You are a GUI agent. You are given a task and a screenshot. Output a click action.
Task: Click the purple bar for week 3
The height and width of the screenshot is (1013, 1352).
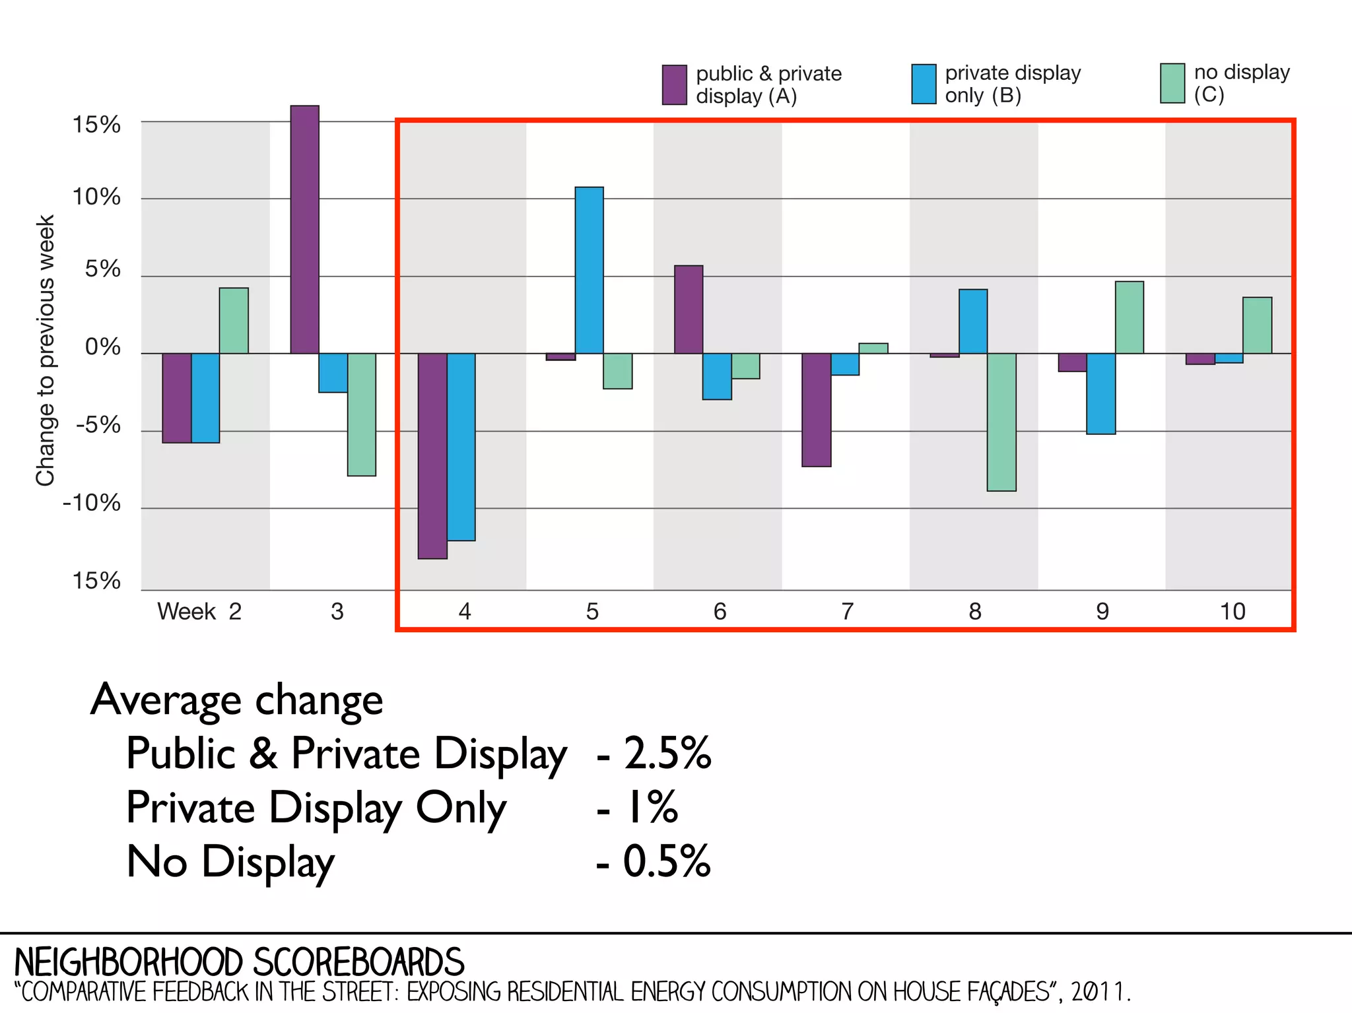click(304, 230)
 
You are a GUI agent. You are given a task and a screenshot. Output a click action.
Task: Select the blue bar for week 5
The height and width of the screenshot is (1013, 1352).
click(589, 271)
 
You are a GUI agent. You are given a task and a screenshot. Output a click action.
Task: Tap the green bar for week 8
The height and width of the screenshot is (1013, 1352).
click(1001, 422)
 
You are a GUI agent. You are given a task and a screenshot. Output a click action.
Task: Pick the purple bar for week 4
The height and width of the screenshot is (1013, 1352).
click(432, 456)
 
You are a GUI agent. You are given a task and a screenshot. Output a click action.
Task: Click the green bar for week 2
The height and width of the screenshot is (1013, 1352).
click(234, 321)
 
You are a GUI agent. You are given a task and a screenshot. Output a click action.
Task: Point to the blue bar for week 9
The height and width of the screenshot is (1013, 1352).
click(1101, 393)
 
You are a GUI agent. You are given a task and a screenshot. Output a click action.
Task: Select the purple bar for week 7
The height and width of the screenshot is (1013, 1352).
click(817, 410)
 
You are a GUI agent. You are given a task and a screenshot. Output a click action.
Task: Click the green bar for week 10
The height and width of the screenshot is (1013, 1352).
click(1257, 325)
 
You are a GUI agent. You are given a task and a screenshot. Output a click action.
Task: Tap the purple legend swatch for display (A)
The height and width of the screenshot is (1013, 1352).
click(674, 84)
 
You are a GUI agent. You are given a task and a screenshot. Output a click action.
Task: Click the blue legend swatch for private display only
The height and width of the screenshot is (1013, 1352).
click(924, 84)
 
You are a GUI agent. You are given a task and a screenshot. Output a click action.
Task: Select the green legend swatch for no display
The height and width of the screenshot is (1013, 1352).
click(1172, 83)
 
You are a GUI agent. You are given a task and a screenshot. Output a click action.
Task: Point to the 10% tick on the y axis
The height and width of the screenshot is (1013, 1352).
click(96, 197)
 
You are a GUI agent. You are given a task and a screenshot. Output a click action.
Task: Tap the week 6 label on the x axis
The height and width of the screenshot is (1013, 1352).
click(720, 612)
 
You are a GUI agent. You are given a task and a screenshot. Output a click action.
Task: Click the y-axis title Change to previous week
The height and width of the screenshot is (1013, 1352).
click(45, 350)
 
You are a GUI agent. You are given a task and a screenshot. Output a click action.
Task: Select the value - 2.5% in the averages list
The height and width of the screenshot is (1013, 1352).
click(654, 753)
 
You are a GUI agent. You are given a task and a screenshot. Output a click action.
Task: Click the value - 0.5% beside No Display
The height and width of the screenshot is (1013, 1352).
click(654, 861)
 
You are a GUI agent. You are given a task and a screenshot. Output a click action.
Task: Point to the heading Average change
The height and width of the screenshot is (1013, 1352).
click(237, 700)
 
